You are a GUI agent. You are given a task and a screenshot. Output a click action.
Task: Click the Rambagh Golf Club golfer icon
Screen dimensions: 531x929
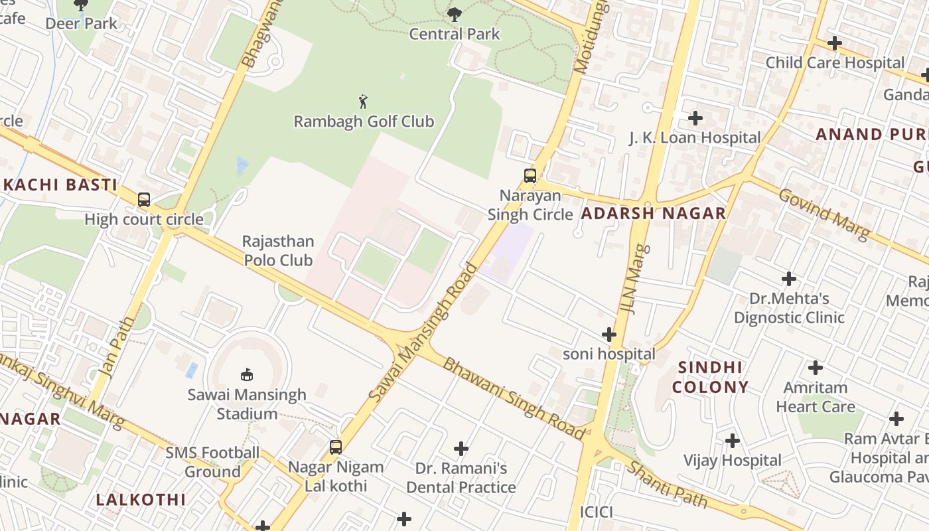[x=363, y=102]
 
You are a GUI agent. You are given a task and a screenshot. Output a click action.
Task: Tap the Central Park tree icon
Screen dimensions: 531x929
[x=455, y=14]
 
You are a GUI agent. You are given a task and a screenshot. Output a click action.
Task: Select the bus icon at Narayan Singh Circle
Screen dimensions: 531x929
[x=530, y=176]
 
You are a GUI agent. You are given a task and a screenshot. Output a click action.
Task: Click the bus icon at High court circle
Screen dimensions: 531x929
[x=144, y=199]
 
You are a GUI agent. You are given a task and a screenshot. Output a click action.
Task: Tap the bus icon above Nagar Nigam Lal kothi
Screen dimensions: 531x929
[x=336, y=447]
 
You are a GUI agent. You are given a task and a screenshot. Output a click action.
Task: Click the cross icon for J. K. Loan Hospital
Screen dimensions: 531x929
[x=695, y=118]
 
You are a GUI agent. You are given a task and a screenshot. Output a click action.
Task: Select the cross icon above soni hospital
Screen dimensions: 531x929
[x=608, y=335]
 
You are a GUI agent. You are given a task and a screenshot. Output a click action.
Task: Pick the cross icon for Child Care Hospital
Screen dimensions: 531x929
[x=834, y=44]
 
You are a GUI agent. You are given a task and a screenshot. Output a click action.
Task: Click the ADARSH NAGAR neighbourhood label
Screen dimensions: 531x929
[x=654, y=214]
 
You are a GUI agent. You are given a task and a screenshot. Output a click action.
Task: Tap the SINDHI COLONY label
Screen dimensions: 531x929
[x=710, y=377]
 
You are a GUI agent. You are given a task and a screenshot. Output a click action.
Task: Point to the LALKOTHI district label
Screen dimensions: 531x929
[x=141, y=500]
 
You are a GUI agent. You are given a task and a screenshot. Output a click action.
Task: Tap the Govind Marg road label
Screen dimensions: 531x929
[x=823, y=214]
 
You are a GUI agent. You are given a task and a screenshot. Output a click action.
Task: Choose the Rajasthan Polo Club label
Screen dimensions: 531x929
[x=278, y=251]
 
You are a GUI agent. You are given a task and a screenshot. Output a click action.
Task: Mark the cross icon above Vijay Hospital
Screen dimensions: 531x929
[x=732, y=441]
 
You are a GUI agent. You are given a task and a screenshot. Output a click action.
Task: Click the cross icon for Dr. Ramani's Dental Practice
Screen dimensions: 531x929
[x=461, y=449]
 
